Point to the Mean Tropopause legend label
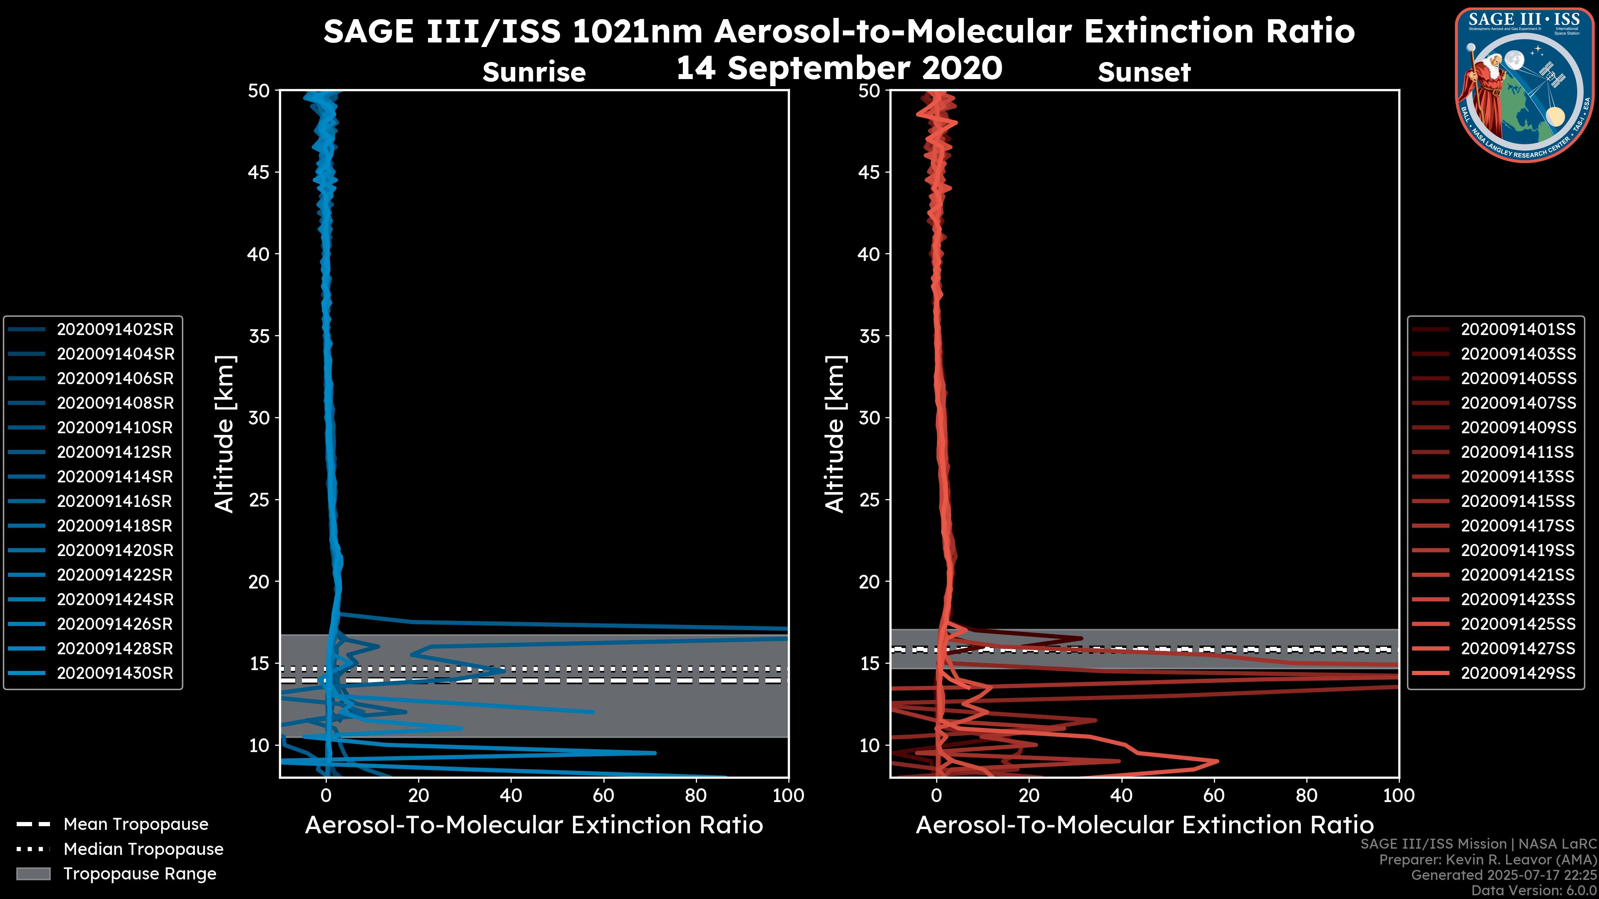(136, 824)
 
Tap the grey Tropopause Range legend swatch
(33, 874)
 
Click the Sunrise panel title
(534, 72)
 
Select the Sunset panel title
(1144, 72)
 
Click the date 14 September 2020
(839, 68)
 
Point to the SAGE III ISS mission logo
(1524, 84)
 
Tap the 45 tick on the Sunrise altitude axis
(259, 172)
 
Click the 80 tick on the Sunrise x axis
(696, 795)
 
